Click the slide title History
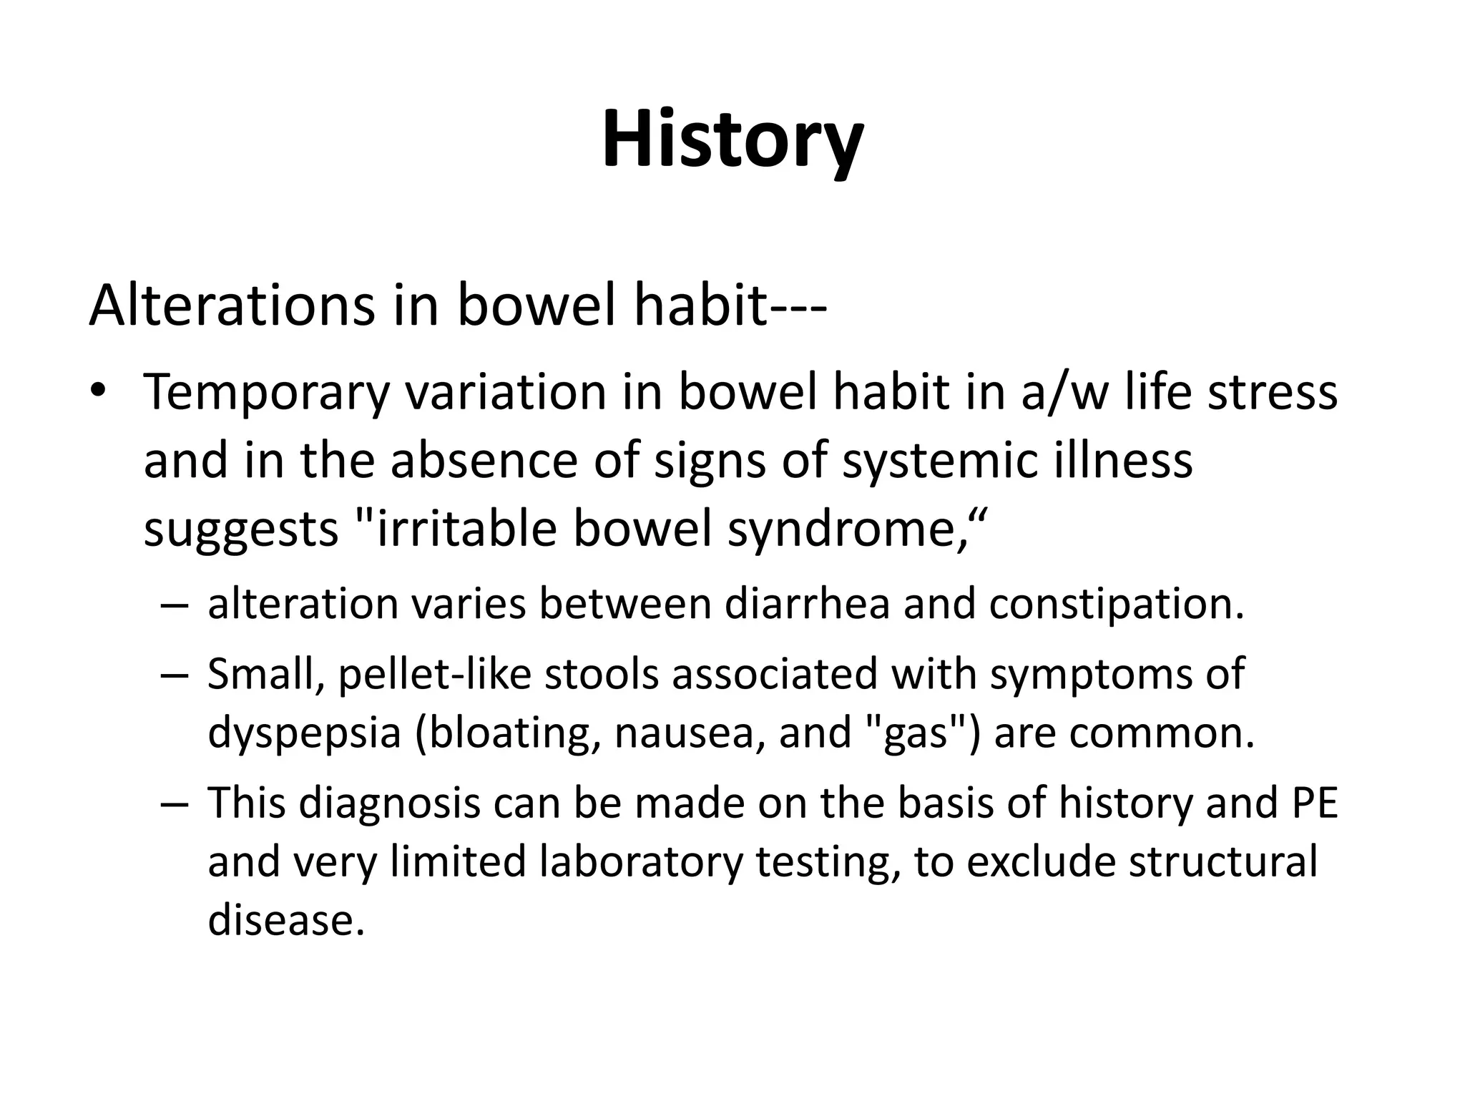[x=732, y=140]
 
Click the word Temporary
[x=266, y=393]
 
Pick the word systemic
[x=938, y=461]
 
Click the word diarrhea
[x=807, y=604]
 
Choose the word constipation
[x=1117, y=604]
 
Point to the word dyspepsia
[x=304, y=733]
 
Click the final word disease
[x=286, y=919]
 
